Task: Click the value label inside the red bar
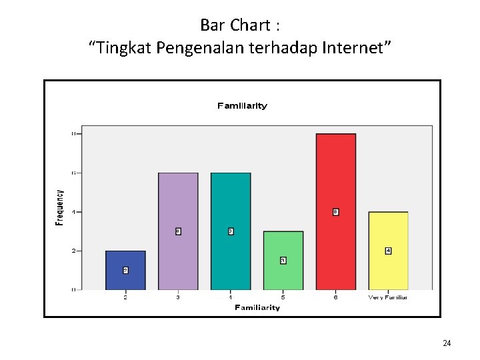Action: (x=335, y=212)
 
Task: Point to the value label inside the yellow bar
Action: (x=388, y=251)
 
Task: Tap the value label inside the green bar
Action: (x=283, y=260)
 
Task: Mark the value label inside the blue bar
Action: (x=125, y=270)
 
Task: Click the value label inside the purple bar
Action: (x=178, y=231)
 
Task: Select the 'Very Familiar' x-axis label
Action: (x=388, y=297)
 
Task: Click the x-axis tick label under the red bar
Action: (x=335, y=297)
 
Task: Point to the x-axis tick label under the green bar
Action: (x=283, y=297)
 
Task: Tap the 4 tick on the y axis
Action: (x=75, y=212)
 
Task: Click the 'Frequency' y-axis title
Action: (x=60, y=207)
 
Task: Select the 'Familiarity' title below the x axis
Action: (x=257, y=307)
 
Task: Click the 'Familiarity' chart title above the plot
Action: (x=242, y=105)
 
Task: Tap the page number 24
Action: (x=447, y=343)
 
